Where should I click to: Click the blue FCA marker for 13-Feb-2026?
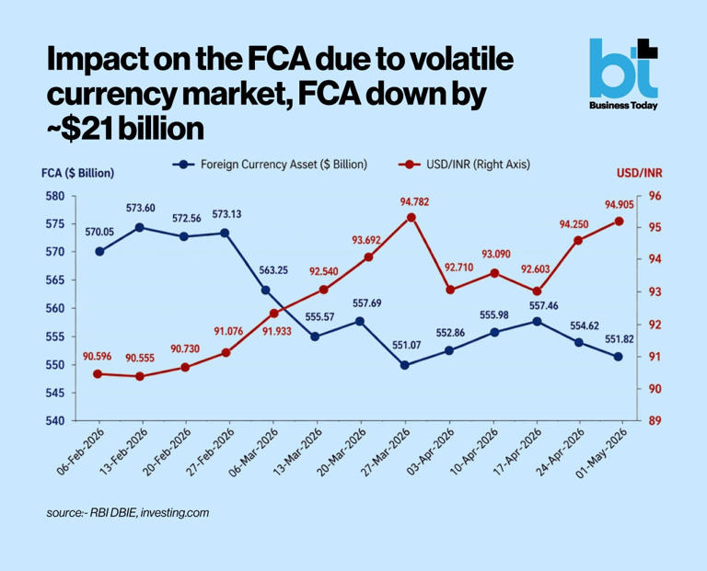140,227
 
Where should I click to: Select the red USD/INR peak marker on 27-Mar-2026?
411,218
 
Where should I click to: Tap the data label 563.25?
273,270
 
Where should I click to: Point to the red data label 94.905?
619,205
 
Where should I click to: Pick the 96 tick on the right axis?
655,197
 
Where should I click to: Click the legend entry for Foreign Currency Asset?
270,165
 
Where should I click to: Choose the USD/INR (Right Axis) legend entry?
464,165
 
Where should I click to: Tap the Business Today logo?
623,74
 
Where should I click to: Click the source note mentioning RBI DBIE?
128,513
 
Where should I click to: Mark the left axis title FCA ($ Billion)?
77,174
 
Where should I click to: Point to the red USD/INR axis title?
640,174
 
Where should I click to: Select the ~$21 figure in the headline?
79,130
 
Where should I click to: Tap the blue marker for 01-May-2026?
618,356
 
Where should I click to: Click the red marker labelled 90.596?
98,373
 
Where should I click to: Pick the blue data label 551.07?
406,345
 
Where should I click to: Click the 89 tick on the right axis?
655,420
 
